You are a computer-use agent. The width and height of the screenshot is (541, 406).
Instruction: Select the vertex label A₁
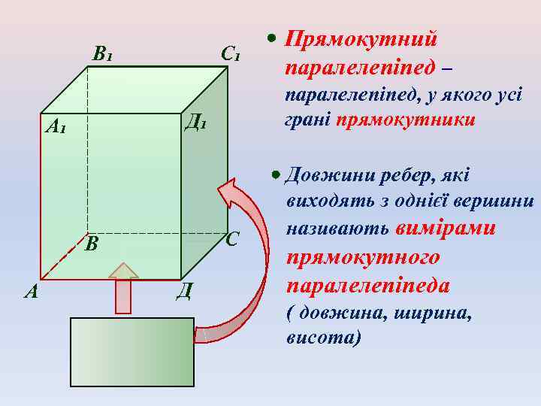pyautogui.click(x=55, y=126)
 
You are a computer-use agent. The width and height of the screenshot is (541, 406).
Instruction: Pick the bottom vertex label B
pyautogui.click(x=92, y=244)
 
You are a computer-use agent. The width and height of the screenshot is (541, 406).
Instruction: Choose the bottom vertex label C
pyautogui.click(x=232, y=240)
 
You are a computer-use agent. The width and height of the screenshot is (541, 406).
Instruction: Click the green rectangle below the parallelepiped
pyautogui.click(x=131, y=352)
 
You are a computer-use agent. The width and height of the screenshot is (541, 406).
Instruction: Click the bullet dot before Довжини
pyautogui.click(x=277, y=175)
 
